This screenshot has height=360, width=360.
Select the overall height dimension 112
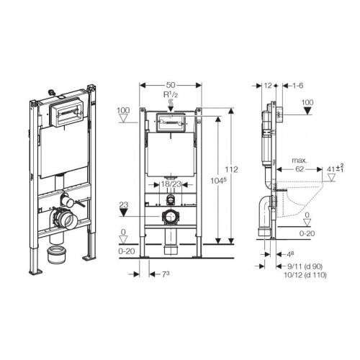230,169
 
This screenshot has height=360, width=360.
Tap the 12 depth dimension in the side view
268,85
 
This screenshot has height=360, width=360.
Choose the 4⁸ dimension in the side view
288,254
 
